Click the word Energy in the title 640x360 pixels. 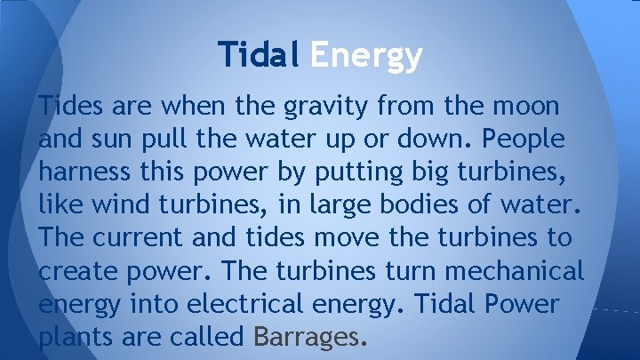tap(365, 56)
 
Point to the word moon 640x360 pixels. tap(527, 107)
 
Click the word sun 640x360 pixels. tap(106, 140)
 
